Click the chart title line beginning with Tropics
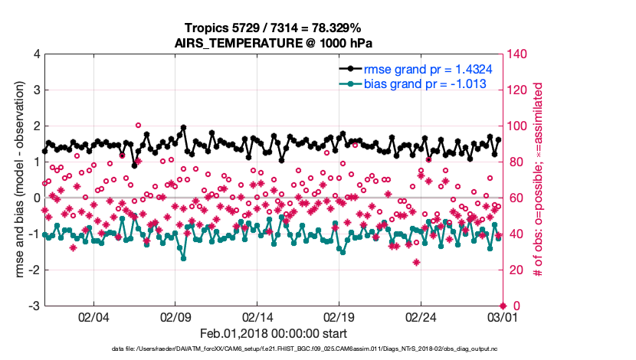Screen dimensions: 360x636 274,28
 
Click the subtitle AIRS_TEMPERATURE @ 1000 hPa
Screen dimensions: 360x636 274,43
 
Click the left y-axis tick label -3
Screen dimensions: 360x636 34,306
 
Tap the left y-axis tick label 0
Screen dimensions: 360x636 36,198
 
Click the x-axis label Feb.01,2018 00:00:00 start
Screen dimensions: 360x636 274,334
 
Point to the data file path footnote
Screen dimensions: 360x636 274,349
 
